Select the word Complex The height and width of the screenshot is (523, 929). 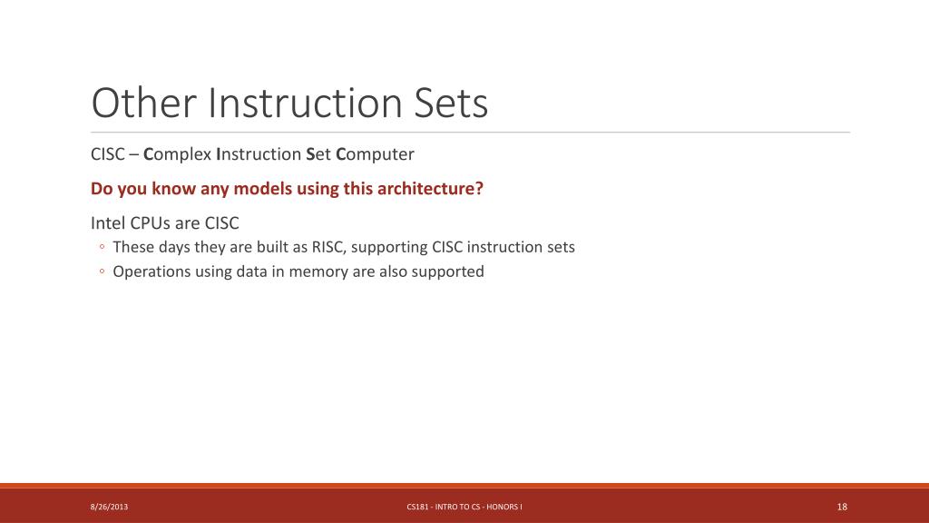177,154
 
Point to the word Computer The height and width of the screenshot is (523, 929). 375,154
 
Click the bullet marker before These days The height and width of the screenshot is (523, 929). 102,246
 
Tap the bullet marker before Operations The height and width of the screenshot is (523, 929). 102,271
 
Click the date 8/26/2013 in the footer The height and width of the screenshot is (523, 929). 109,507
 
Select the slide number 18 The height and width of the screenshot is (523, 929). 842,507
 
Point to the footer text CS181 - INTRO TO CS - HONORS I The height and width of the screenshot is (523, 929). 464,507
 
